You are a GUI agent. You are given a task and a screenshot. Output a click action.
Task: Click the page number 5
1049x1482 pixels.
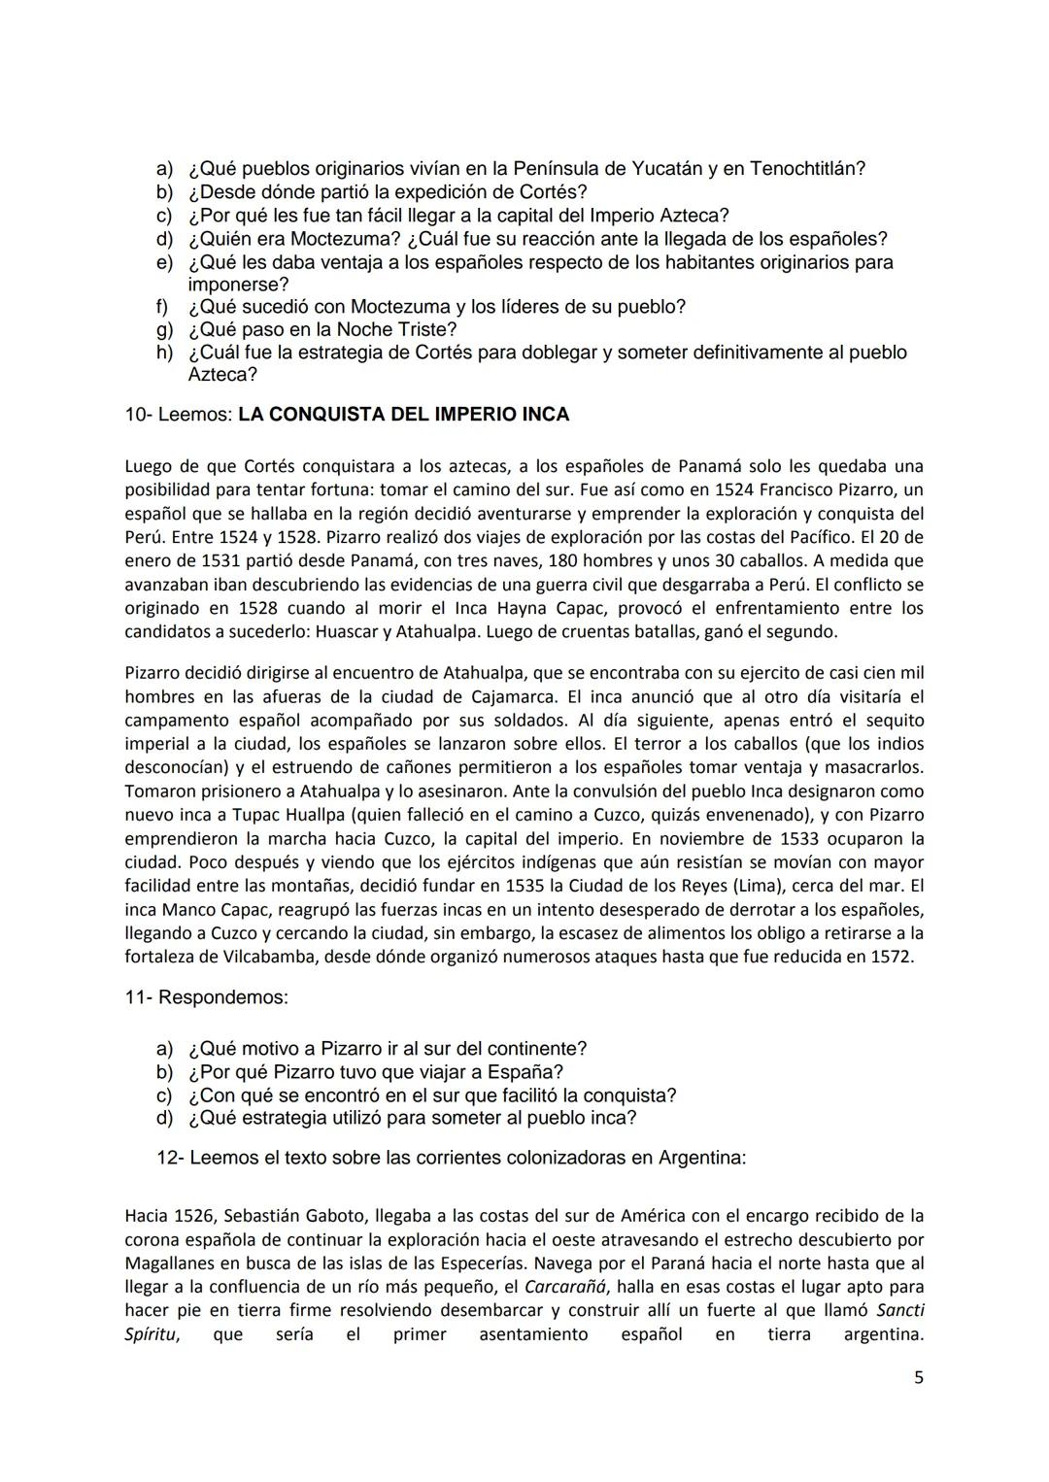pos(919,1377)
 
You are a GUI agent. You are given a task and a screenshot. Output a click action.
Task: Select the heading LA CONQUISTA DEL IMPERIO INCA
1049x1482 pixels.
pos(403,415)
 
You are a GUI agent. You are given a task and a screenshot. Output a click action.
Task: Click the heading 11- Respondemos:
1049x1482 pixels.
pos(206,997)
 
